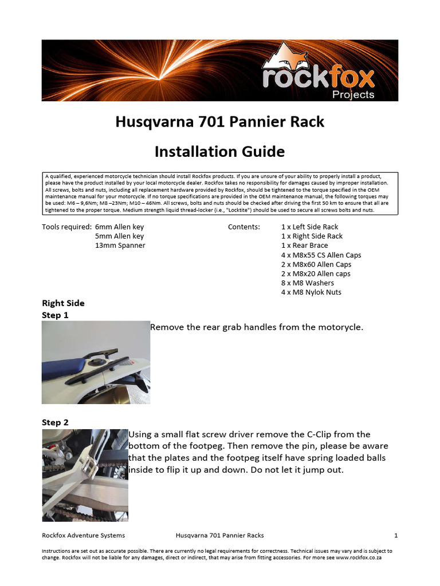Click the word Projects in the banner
click(x=353, y=94)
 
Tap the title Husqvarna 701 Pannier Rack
click(x=219, y=122)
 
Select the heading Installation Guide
click(x=219, y=152)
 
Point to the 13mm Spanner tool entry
click(x=120, y=246)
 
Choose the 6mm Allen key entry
click(x=119, y=227)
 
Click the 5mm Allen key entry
click(x=119, y=236)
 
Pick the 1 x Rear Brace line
click(x=304, y=246)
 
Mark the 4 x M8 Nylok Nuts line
click(x=311, y=292)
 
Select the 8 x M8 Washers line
click(x=308, y=283)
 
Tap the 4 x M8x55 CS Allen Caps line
click(x=321, y=255)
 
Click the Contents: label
click(x=243, y=227)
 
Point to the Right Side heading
click(x=63, y=303)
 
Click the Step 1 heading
click(x=55, y=315)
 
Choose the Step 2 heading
click(x=55, y=422)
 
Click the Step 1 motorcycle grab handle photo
click(x=96, y=362)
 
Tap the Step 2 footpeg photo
click(x=85, y=475)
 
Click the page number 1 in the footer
click(x=395, y=536)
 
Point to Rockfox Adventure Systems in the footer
click(x=84, y=536)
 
